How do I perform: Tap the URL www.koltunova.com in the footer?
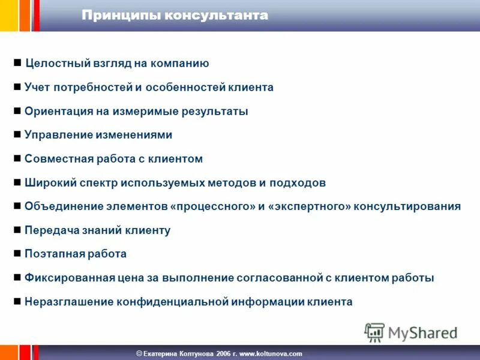point(271,353)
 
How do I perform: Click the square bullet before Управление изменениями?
point(17,135)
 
